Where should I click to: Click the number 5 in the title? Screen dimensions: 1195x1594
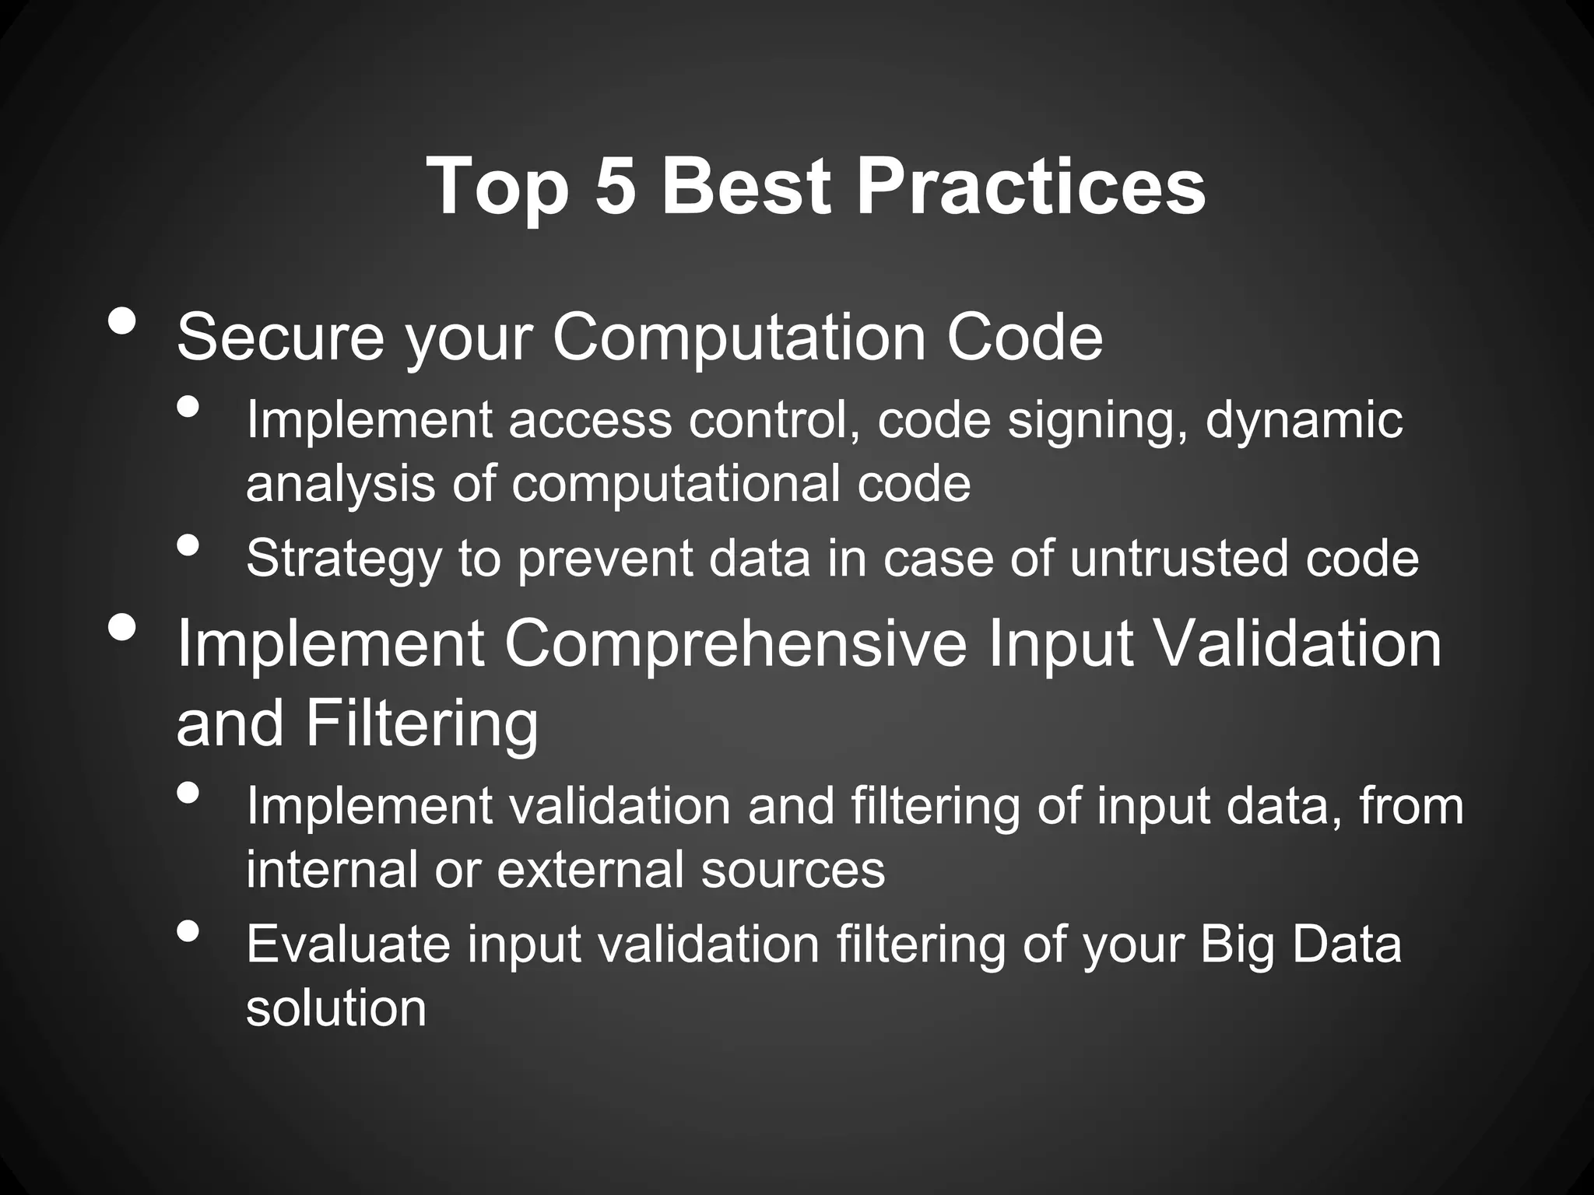coord(615,187)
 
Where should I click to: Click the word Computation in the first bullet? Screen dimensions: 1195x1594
coord(739,338)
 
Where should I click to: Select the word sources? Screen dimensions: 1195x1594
coord(792,870)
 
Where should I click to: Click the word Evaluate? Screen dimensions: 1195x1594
coord(348,944)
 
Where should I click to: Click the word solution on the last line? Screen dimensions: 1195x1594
coord(336,1008)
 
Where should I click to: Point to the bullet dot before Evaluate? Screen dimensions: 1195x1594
coord(188,930)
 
